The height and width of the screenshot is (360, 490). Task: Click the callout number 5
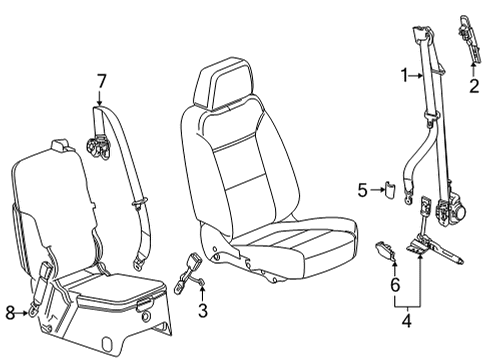click(x=363, y=187)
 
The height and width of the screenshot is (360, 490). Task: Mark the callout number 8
click(x=10, y=313)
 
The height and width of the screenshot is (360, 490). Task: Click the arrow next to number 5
click(x=376, y=187)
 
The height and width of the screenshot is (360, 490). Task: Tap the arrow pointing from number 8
click(x=23, y=313)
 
